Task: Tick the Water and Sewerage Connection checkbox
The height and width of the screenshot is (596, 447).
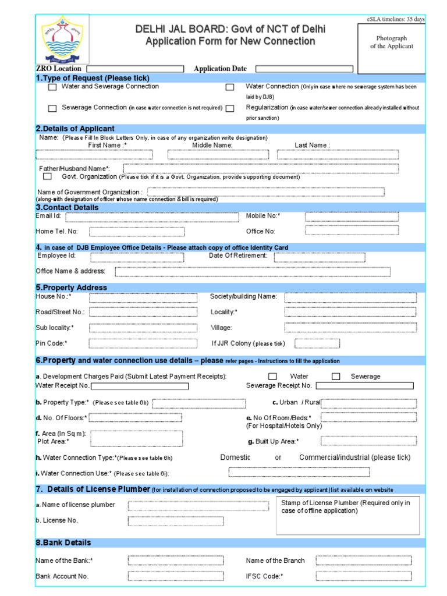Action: (52, 87)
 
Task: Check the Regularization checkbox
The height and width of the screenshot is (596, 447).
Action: (230, 108)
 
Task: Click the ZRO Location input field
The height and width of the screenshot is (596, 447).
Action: (136, 69)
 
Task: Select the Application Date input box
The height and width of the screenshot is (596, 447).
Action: (303, 69)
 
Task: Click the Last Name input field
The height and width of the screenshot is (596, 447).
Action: (338, 154)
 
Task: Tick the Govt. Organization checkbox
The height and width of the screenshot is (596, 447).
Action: (47, 177)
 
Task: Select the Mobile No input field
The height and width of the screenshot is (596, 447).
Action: (352, 217)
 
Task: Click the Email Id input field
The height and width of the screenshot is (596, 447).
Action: (143, 217)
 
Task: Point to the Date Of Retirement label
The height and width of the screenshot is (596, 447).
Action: (238, 256)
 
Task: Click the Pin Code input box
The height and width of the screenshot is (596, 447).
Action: (135, 343)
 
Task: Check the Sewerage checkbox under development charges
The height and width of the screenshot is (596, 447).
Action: (336, 377)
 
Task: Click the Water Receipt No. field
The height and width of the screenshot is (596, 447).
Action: (140, 386)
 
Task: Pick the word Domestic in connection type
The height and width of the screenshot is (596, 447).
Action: (235, 457)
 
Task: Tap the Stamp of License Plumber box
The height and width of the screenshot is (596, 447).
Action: (347, 515)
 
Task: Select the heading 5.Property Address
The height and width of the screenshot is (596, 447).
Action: (72, 288)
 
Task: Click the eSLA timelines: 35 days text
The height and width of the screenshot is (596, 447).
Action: (395, 19)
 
